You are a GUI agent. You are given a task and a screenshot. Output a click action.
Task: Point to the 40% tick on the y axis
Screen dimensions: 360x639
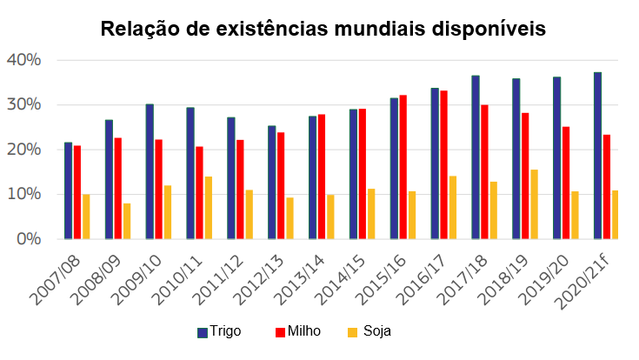tap(23, 60)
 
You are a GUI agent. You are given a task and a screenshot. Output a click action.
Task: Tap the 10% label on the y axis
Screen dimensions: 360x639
tap(23, 194)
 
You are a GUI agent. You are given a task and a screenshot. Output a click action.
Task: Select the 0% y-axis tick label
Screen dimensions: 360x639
tap(28, 238)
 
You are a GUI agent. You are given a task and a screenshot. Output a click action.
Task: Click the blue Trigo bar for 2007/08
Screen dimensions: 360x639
tap(69, 190)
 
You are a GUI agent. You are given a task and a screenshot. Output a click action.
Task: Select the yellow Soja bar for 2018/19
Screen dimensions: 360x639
tap(534, 204)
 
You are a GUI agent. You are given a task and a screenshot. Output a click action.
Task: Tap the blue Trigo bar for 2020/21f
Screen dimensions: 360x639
tap(597, 156)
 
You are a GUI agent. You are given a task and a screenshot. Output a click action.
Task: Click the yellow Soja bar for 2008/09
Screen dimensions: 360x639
tap(127, 221)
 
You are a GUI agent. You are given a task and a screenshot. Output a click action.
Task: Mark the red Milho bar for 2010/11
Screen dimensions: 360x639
tap(199, 192)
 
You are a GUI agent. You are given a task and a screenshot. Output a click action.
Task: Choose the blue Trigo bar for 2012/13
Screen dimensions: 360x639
tap(272, 182)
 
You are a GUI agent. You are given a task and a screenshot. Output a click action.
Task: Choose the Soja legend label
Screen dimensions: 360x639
tap(376, 331)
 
